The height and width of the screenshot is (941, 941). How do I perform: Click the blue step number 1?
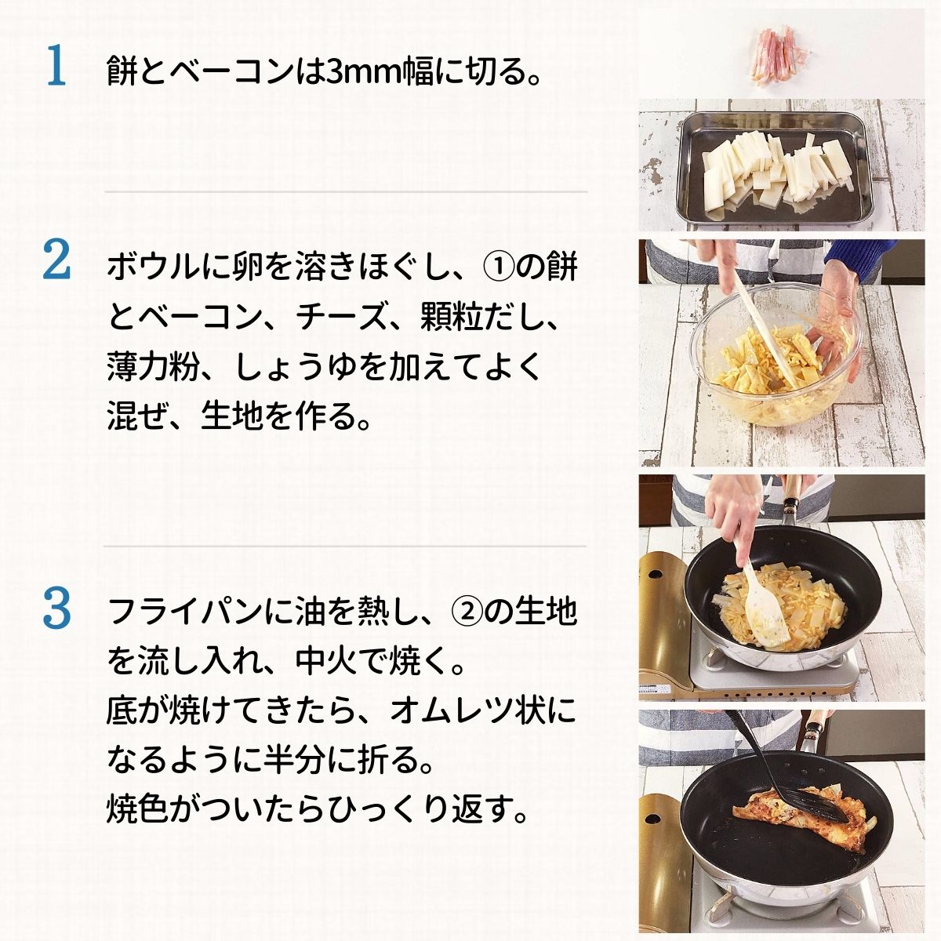pyautogui.click(x=56, y=65)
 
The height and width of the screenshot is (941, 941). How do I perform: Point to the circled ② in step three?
pyautogui.click(x=467, y=612)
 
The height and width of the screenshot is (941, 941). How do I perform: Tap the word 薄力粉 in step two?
pyautogui.click(x=154, y=367)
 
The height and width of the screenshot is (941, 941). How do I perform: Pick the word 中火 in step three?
pyautogui.click(x=326, y=662)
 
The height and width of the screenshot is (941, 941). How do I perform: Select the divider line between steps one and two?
pyautogui.click(x=346, y=192)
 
